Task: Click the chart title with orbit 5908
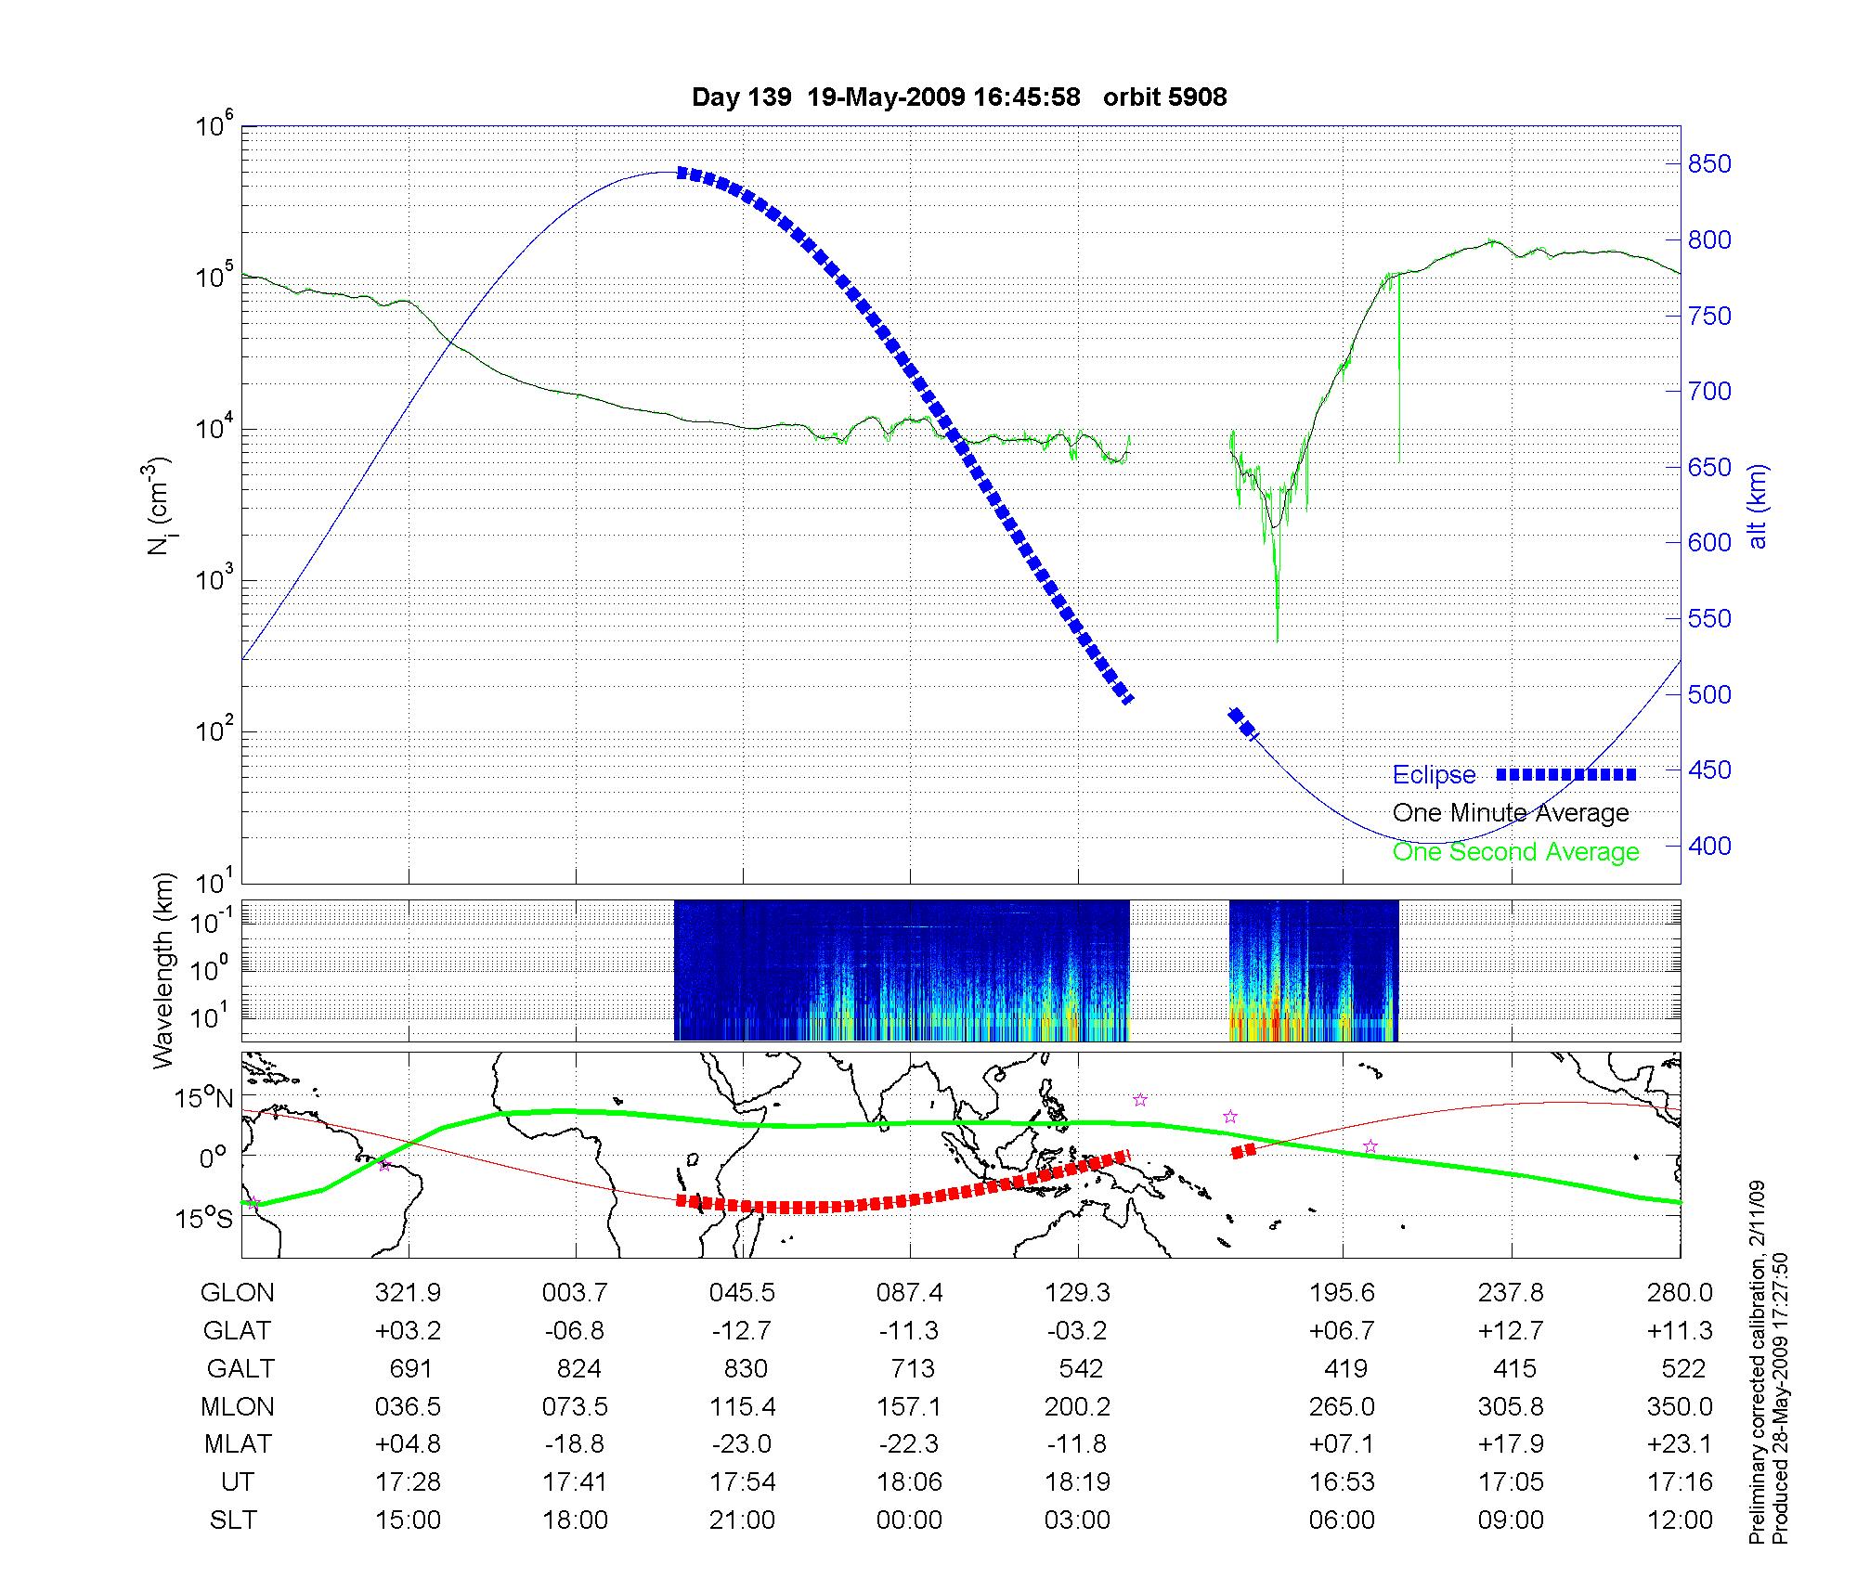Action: (959, 97)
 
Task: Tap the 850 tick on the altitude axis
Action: (1709, 164)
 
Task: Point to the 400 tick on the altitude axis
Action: (1709, 846)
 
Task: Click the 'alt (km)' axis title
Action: (1757, 506)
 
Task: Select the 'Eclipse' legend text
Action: (1434, 775)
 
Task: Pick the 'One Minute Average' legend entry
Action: (1511, 813)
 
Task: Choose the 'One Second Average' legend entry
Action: (1515, 852)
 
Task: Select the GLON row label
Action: (238, 1293)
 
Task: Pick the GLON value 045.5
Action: (742, 1293)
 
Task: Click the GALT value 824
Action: (578, 1369)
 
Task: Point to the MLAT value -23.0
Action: (742, 1444)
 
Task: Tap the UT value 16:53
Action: (1342, 1482)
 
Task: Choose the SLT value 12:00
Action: (1681, 1520)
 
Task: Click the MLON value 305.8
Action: (1511, 1407)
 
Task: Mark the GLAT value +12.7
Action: (1511, 1331)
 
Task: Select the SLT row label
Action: (234, 1520)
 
